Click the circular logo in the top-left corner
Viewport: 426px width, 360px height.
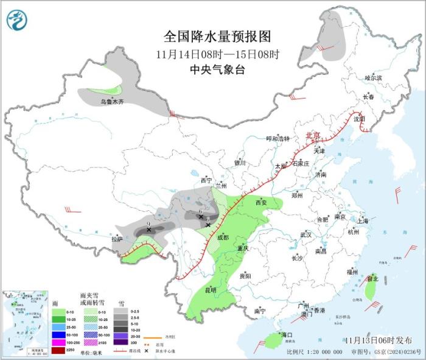18,19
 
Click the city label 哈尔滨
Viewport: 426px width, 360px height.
373,78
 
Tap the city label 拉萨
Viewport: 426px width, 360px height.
117,239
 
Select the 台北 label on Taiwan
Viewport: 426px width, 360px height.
372,279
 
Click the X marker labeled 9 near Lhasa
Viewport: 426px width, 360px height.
148,230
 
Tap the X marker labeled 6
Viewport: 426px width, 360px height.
201,216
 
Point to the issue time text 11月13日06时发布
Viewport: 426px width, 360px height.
377,339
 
